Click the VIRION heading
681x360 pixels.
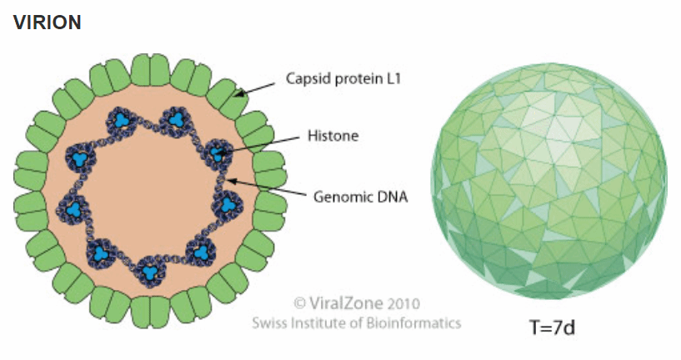[x=47, y=22]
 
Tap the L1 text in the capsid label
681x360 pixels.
[x=393, y=78]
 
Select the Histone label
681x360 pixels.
[x=333, y=136]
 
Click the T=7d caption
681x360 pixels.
[x=553, y=327]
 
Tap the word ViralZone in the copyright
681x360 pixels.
[x=346, y=302]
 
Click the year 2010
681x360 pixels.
[x=404, y=303]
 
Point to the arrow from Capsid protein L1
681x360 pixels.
[x=255, y=88]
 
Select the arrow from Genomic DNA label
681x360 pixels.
[x=266, y=187]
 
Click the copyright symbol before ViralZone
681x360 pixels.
[x=300, y=303]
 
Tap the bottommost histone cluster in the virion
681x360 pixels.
[x=150, y=272]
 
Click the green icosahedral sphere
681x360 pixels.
[x=549, y=181]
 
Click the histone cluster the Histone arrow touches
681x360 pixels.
[x=218, y=153]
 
